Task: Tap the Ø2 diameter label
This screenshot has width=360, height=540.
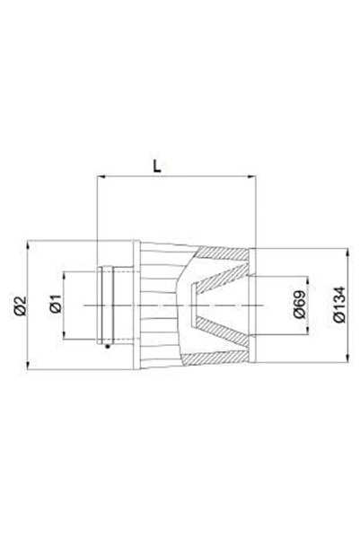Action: [x=20, y=305]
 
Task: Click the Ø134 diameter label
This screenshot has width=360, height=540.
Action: [x=338, y=305]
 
